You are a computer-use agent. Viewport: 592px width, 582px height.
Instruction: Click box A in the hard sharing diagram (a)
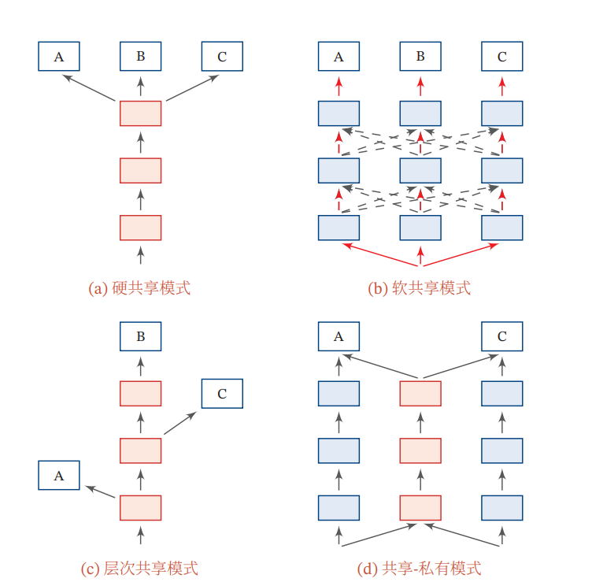[x=59, y=56]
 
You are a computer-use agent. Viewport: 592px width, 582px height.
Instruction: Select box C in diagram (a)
[x=221, y=56]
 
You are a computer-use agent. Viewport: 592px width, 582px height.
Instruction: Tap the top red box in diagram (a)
[x=140, y=113]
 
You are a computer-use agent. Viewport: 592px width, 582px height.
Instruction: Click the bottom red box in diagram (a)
[x=140, y=227]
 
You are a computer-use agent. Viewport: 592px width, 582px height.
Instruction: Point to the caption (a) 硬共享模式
[x=140, y=288]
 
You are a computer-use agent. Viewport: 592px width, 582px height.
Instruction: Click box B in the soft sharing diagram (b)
[x=420, y=56]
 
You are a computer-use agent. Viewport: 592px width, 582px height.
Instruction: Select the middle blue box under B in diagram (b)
[x=420, y=170]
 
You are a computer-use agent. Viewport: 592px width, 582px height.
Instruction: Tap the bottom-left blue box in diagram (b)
[x=339, y=227]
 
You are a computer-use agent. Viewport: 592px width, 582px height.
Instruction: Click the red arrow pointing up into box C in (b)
[x=501, y=84]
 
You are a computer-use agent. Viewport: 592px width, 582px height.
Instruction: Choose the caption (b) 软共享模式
[x=420, y=288]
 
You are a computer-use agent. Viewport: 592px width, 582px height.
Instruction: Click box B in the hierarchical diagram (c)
[x=140, y=336]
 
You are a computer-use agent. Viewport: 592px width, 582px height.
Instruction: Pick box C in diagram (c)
[x=221, y=393]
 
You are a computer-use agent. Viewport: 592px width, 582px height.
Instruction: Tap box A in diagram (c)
[x=59, y=476]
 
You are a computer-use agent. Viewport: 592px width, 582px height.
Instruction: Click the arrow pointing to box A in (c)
[x=100, y=491]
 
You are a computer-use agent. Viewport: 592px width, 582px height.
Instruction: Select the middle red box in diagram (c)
[x=140, y=450]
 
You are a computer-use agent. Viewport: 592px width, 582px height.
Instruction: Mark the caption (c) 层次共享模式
[x=140, y=568]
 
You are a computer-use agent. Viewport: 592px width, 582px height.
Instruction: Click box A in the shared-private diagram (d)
[x=339, y=336]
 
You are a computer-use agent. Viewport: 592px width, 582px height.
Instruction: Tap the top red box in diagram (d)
[x=420, y=393]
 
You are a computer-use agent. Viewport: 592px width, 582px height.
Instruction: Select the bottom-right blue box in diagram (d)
[x=501, y=507]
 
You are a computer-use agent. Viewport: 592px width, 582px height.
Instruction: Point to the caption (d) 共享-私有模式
[x=420, y=568]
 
